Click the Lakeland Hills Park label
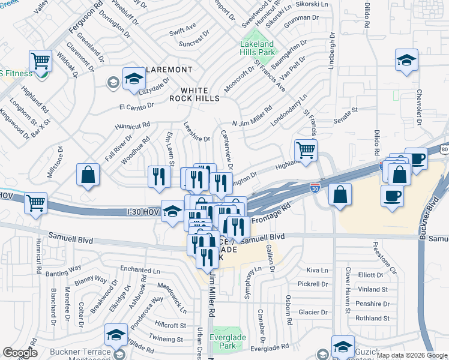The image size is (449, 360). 257,48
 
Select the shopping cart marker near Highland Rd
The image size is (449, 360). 40,61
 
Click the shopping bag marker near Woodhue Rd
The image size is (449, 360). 88,175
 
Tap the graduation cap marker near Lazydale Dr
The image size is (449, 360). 134,78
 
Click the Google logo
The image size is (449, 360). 20,353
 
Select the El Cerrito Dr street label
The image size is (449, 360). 136,106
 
